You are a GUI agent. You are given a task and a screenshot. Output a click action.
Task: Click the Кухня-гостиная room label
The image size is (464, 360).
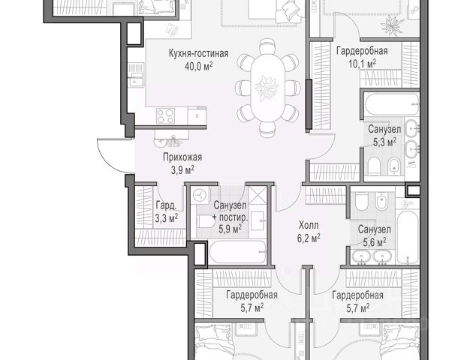pyautogui.click(x=198, y=53)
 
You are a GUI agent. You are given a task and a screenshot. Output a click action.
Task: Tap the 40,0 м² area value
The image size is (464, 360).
pyautogui.click(x=198, y=66)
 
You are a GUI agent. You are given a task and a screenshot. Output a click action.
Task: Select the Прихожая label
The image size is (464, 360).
pyautogui.click(x=182, y=157)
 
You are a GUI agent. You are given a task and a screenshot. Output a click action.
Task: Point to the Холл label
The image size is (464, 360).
pyautogui.click(x=309, y=225)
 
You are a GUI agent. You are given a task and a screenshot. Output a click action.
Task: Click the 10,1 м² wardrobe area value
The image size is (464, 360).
pyautogui.click(x=362, y=64)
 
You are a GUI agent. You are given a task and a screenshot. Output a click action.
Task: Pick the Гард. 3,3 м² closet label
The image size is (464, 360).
pyautogui.click(x=167, y=211)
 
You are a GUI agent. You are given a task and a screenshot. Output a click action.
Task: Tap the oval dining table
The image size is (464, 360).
pyautogui.click(x=267, y=88)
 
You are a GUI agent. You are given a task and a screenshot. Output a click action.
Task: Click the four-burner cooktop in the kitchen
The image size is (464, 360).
pyautogui.click(x=166, y=116)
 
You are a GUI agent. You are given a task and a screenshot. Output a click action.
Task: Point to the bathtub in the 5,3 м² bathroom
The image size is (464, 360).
pyautogui.click(x=392, y=104)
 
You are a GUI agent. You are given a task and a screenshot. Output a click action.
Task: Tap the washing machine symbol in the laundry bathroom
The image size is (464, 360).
pyautogui.click(x=200, y=195)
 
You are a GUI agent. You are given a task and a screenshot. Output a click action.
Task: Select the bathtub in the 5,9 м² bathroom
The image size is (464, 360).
pyautogui.click(x=238, y=252)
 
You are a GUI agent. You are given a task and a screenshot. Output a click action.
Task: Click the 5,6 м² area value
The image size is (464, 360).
pyautogui.click(x=375, y=242)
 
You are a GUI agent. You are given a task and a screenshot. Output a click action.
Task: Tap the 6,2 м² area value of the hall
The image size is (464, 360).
pyautogui.click(x=309, y=238)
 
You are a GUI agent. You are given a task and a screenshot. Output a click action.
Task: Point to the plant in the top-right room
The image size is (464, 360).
pyautogui.click(x=391, y=25)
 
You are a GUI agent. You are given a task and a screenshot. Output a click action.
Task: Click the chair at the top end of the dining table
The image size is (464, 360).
pyautogui.click(x=268, y=46)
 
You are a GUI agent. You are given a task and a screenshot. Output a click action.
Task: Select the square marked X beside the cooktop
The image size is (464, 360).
pyautogui.click(x=197, y=115)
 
